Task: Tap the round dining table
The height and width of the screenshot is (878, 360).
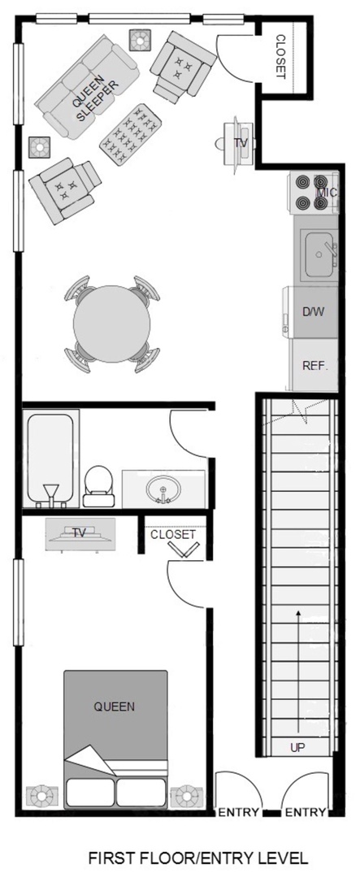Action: pos(112,324)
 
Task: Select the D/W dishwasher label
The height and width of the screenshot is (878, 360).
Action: pos(313,312)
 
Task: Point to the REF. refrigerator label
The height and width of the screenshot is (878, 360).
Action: pos(314,366)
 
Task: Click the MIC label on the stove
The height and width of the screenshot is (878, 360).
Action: pos(327,193)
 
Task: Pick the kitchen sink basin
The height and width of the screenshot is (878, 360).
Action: pos(319,255)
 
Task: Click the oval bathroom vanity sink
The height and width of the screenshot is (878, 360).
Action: pos(163,489)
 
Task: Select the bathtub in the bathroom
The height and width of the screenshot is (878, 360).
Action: pos(50,459)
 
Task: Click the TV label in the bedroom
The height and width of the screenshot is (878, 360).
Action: pos(80,532)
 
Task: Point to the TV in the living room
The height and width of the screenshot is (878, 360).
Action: pos(237,143)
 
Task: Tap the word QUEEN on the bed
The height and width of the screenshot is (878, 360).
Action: pos(115,706)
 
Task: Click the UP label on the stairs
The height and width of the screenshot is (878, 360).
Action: pos(298,748)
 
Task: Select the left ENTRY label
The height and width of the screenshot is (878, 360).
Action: pos(238,812)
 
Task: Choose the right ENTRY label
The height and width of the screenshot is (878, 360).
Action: pos(305,812)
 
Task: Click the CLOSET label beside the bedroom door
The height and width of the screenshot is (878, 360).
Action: pos(173,534)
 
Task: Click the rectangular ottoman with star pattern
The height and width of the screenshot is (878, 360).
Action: pos(131,134)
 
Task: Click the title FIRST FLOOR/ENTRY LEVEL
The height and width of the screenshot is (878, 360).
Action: pos(198,858)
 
